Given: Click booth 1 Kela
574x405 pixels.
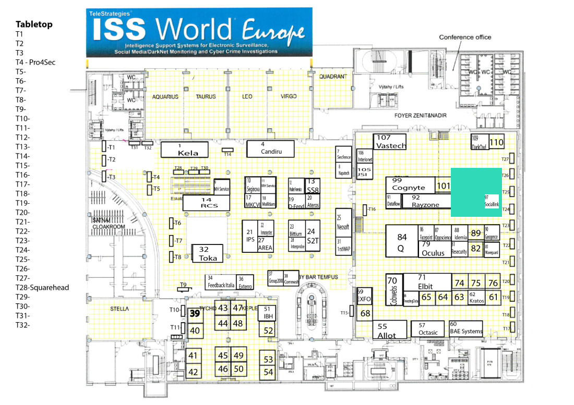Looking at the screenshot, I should [x=185, y=150].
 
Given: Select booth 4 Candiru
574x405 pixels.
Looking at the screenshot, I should [x=271, y=148].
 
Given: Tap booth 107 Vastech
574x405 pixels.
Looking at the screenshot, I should [x=390, y=142].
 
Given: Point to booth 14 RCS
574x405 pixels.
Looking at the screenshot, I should [x=206, y=203].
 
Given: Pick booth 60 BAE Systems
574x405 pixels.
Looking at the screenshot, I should [x=465, y=328].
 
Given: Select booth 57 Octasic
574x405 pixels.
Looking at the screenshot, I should [x=428, y=329].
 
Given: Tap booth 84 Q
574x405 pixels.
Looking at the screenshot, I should [x=401, y=240].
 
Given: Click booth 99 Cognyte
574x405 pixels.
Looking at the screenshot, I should [x=410, y=185].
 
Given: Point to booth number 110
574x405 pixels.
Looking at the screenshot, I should [x=496, y=142].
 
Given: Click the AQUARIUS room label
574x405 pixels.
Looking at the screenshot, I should [x=165, y=97].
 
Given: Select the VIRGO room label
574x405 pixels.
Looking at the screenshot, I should [x=288, y=96].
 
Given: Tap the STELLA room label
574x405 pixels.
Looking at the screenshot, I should [x=119, y=309].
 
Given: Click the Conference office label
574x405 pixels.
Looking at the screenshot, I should [x=465, y=38].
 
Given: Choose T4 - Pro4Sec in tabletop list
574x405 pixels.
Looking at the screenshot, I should [x=35, y=63].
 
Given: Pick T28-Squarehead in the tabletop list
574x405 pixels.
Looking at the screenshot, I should [x=42, y=288].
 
